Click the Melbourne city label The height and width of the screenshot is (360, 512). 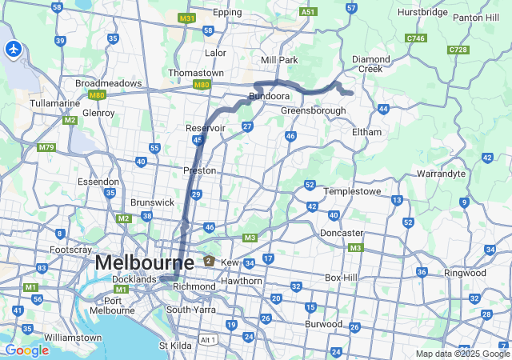click(144, 262)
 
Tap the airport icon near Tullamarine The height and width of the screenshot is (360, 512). click(13, 50)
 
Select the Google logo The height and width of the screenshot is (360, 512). click(26, 350)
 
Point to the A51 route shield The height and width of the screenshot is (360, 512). click(307, 13)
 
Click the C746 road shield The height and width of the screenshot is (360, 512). click(415, 38)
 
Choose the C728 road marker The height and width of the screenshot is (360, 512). click(458, 50)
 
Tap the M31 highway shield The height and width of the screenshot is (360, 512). click(187, 18)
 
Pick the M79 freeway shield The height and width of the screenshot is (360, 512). click(46, 147)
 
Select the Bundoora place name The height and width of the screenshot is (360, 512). click(268, 96)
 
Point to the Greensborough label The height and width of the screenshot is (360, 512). click(313, 110)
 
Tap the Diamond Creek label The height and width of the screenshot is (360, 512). click(372, 63)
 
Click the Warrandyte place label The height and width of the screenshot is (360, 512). click(441, 173)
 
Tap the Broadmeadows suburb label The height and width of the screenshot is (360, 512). click(108, 83)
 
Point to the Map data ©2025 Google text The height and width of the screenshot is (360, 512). click(462, 354)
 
